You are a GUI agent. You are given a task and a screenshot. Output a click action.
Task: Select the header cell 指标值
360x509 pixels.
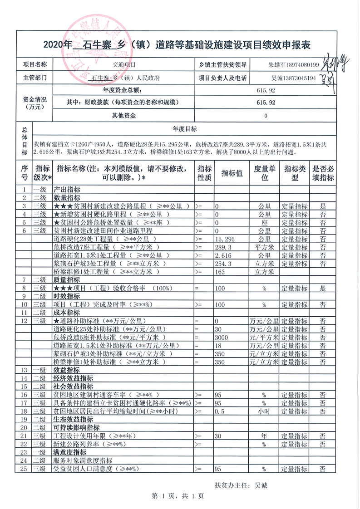[x=232, y=173]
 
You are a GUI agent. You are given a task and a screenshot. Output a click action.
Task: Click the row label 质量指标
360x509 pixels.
[x=67, y=280]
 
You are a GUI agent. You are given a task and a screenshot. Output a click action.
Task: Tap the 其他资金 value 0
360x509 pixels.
[x=266, y=116]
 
